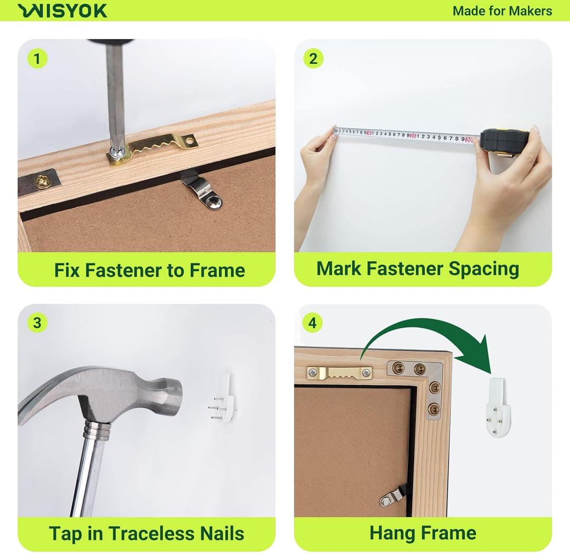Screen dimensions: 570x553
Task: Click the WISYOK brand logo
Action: pos(62,11)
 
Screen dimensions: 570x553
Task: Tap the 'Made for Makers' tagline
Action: pos(502,11)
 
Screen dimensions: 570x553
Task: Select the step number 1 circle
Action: pos(37,59)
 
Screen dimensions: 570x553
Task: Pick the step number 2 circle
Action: pos(313,59)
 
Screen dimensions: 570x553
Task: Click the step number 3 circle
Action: pos(37,322)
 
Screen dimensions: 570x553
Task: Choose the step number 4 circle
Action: pos(312,322)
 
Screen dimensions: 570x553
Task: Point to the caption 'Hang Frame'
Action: pos(423,533)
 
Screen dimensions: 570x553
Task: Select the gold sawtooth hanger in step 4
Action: pos(339,373)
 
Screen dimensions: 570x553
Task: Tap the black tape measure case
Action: pos(505,142)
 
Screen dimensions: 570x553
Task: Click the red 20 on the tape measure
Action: pos(413,136)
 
